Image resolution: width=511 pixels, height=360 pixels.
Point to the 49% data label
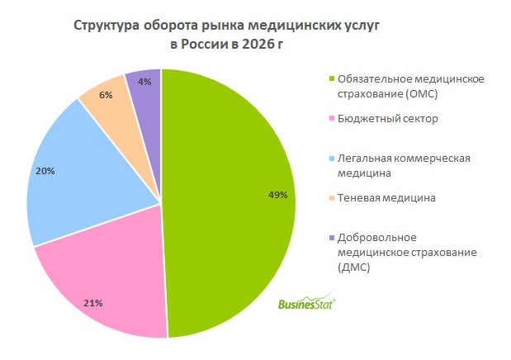coord(277,195)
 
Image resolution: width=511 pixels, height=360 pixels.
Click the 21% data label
coord(92,303)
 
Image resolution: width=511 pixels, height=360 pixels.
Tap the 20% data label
coord(45,171)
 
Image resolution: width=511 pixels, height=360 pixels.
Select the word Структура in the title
coord(106,26)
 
